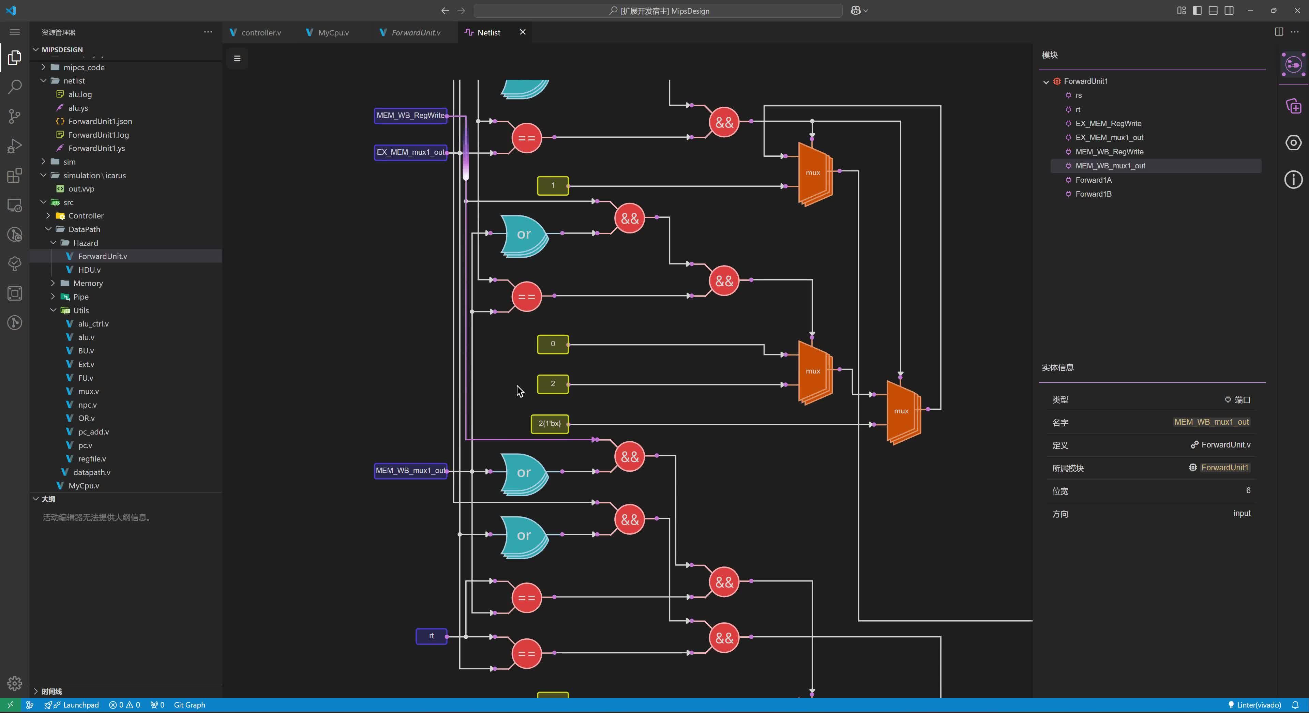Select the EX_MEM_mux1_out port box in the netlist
point(410,152)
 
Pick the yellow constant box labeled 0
point(552,344)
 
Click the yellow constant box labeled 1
point(552,185)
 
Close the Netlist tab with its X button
point(522,32)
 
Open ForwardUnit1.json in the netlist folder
point(100,121)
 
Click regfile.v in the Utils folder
point(92,459)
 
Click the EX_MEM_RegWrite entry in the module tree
point(1108,123)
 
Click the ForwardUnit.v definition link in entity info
point(1225,445)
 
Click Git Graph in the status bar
point(189,705)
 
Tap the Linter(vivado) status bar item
point(1258,705)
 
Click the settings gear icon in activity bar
point(15,683)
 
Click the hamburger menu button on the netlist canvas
point(237,58)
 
